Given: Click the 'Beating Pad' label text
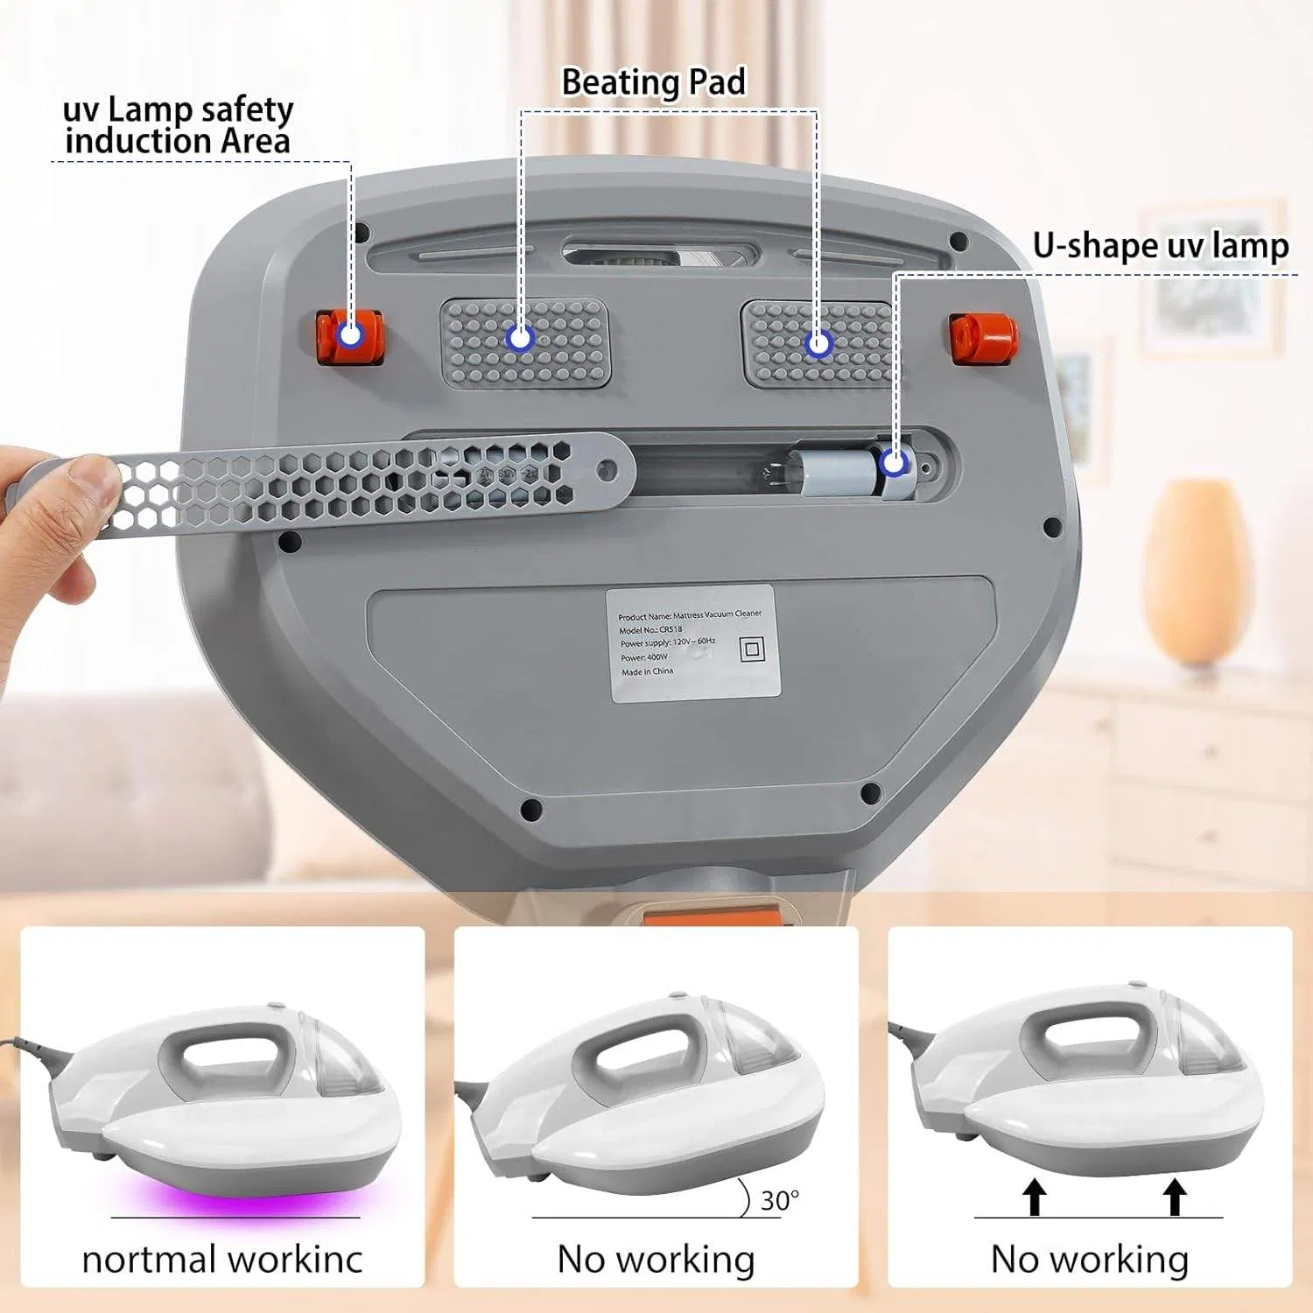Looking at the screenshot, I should point(653,82).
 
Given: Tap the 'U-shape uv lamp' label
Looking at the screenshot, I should point(1160,246).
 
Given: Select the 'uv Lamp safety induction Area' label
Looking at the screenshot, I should point(178,125).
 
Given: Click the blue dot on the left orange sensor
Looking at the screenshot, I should point(351,334).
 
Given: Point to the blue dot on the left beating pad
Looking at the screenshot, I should point(521,338).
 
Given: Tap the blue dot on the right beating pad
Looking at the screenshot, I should point(818,343).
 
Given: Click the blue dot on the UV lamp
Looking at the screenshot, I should point(893,462).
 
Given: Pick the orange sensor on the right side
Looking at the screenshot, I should point(983,337).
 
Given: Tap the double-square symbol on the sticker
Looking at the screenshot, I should point(752,649).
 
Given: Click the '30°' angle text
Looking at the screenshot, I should point(779,1200).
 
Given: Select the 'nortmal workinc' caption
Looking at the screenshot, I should point(222,1260).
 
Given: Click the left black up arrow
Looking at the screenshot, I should point(1035,1196).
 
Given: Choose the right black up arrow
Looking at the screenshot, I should point(1175,1196).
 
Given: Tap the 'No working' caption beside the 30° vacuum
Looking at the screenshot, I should point(656,1260).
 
